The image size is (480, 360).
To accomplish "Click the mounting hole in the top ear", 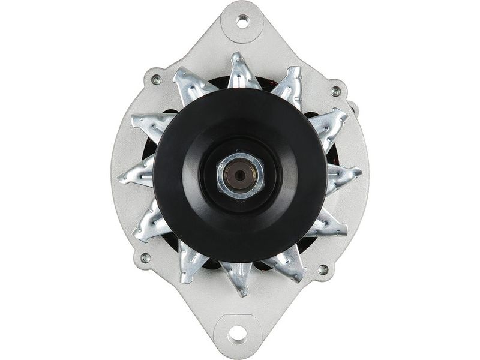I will point(242,22).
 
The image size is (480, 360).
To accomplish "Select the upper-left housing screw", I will point(156,80).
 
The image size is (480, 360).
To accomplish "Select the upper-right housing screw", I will point(335,91).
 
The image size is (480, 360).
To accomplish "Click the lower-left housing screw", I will point(145,258).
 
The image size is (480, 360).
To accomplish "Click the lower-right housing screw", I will point(323,269).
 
